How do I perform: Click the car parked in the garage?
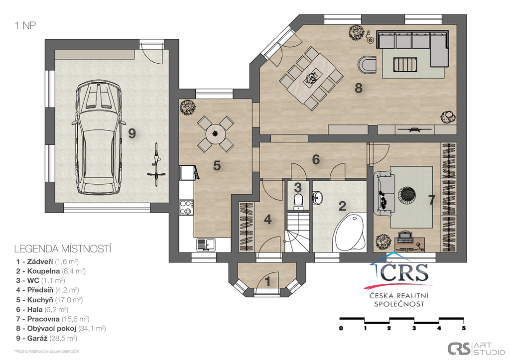coord(98,138)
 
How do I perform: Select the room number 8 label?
coord(358,88)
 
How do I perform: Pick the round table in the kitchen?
coord(215,133)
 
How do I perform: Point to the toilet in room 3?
coord(298,200)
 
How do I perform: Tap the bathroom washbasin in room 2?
coord(317,199)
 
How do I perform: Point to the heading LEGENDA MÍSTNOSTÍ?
coord(62,247)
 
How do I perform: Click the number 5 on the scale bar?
coord(464,328)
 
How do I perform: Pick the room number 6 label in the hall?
coord(316,159)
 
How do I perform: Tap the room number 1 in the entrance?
coord(267,281)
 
